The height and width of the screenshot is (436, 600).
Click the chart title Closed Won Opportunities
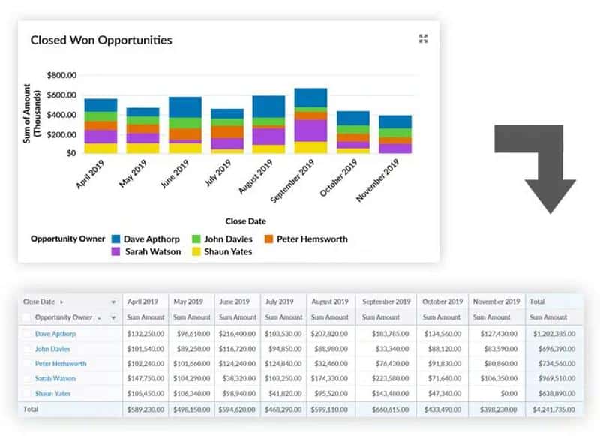point(101,40)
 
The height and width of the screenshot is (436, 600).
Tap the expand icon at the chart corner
point(423,39)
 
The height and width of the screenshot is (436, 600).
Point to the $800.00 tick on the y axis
point(61,76)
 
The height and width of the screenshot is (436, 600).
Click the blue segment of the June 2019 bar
point(184,107)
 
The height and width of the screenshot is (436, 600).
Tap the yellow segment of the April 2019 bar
point(100,148)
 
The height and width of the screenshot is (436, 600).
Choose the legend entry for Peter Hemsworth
point(312,239)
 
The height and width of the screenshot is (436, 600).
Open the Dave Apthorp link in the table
point(55,333)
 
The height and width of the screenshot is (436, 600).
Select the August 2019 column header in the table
point(330,302)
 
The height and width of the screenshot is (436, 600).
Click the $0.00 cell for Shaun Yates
point(508,394)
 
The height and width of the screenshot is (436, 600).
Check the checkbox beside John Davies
point(27,348)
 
